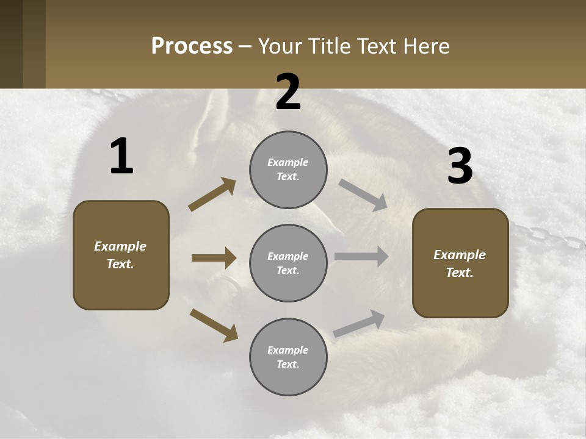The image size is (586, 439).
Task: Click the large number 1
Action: (x=121, y=157)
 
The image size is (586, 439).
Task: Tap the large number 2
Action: (x=288, y=93)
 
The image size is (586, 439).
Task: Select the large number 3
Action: (x=460, y=166)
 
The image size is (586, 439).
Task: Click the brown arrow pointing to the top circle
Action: (x=212, y=194)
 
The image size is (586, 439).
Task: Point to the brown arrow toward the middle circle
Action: (x=214, y=258)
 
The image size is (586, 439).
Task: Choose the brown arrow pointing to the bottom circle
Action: (x=214, y=325)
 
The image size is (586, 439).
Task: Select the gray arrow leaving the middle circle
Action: (x=361, y=257)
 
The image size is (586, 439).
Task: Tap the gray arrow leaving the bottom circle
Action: (x=360, y=323)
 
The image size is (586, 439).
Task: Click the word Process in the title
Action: (x=192, y=46)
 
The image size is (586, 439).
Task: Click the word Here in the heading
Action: (x=427, y=46)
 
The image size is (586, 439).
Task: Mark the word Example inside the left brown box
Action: (x=120, y=246)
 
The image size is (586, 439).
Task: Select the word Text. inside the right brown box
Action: (x=460, y=273)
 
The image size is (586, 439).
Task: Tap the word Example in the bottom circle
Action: (x=288, y=350)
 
